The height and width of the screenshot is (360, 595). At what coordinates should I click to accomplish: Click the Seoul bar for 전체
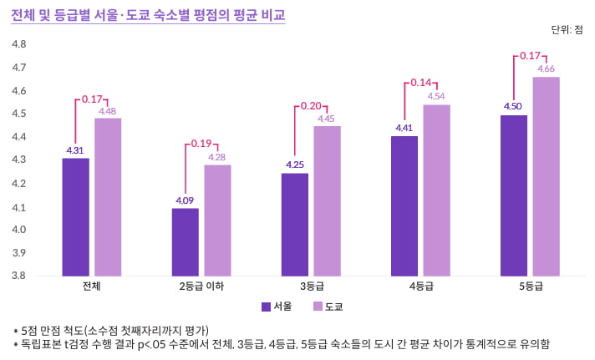point(75,217)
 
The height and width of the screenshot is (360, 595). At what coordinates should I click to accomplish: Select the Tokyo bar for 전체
point(108,197)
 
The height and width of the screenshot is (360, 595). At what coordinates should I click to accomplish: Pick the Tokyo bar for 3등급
point(327,200)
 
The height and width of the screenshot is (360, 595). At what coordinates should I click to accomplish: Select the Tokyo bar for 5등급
point(546,176)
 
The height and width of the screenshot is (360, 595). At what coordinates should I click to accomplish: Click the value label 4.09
point(185,200)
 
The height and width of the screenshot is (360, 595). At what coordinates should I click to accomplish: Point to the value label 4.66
point(547,68)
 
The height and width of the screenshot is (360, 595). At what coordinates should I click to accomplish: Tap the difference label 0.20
point(311,106)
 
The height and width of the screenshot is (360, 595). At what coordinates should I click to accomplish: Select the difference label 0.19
point(201,144)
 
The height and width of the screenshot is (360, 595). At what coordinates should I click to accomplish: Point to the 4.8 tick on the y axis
point(18,44)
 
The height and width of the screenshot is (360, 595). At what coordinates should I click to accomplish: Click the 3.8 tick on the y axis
point(18,276)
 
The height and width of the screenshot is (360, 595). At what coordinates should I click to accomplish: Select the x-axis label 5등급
point(531,286)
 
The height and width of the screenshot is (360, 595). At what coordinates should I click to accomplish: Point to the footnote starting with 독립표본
point(282,344)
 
